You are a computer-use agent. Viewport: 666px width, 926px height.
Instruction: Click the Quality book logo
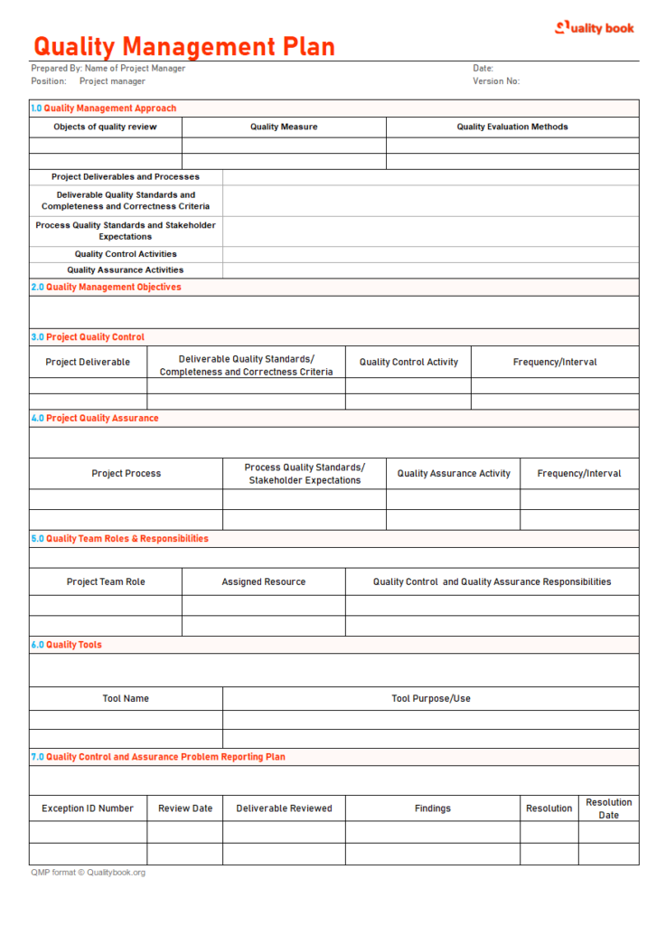594,28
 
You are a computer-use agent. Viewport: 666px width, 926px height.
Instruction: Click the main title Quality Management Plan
184,46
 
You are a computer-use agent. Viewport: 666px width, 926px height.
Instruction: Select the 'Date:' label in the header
483,69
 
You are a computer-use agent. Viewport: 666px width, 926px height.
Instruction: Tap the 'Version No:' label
496,81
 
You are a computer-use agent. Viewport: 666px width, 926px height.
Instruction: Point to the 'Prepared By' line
108,69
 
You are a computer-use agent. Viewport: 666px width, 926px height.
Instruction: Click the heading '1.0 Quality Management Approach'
104,109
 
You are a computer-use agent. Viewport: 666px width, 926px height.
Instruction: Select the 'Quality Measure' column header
284,128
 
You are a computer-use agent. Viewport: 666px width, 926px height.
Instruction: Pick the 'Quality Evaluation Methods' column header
512,128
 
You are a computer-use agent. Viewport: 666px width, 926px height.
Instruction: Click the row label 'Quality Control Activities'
126,254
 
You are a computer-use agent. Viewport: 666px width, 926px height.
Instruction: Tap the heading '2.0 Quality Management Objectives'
107,288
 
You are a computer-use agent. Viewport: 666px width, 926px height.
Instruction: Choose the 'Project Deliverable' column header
88,363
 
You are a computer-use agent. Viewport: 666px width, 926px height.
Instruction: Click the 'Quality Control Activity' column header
408,363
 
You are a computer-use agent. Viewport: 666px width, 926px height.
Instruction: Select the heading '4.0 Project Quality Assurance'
95,419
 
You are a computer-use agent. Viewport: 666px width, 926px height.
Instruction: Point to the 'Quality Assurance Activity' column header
454,474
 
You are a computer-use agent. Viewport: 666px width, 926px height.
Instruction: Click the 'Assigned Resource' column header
264,582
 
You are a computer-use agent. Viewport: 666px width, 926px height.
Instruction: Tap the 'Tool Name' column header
126,699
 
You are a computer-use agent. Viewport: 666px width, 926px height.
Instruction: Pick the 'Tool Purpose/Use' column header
431,699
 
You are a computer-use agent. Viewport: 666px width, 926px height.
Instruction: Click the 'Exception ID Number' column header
88,808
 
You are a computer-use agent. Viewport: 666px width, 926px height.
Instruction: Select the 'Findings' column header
433,808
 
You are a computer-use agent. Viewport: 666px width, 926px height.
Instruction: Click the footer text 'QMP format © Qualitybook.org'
88,873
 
